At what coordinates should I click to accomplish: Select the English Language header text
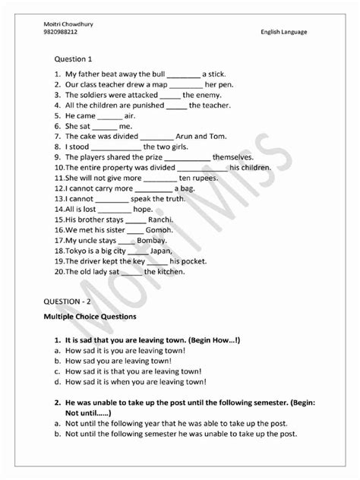click(x=283, y=33)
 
